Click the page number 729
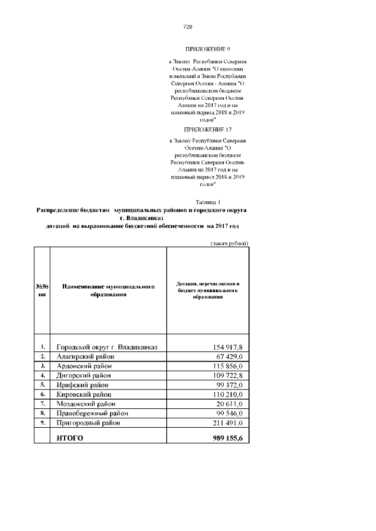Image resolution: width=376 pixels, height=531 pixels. point(188,27)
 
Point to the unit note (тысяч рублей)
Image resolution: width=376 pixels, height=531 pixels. point(229,243)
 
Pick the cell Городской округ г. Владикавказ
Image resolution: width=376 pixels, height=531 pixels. point(110,347)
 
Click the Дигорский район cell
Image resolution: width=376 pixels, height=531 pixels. point(85,375)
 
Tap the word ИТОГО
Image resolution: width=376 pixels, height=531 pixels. point(70,438)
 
